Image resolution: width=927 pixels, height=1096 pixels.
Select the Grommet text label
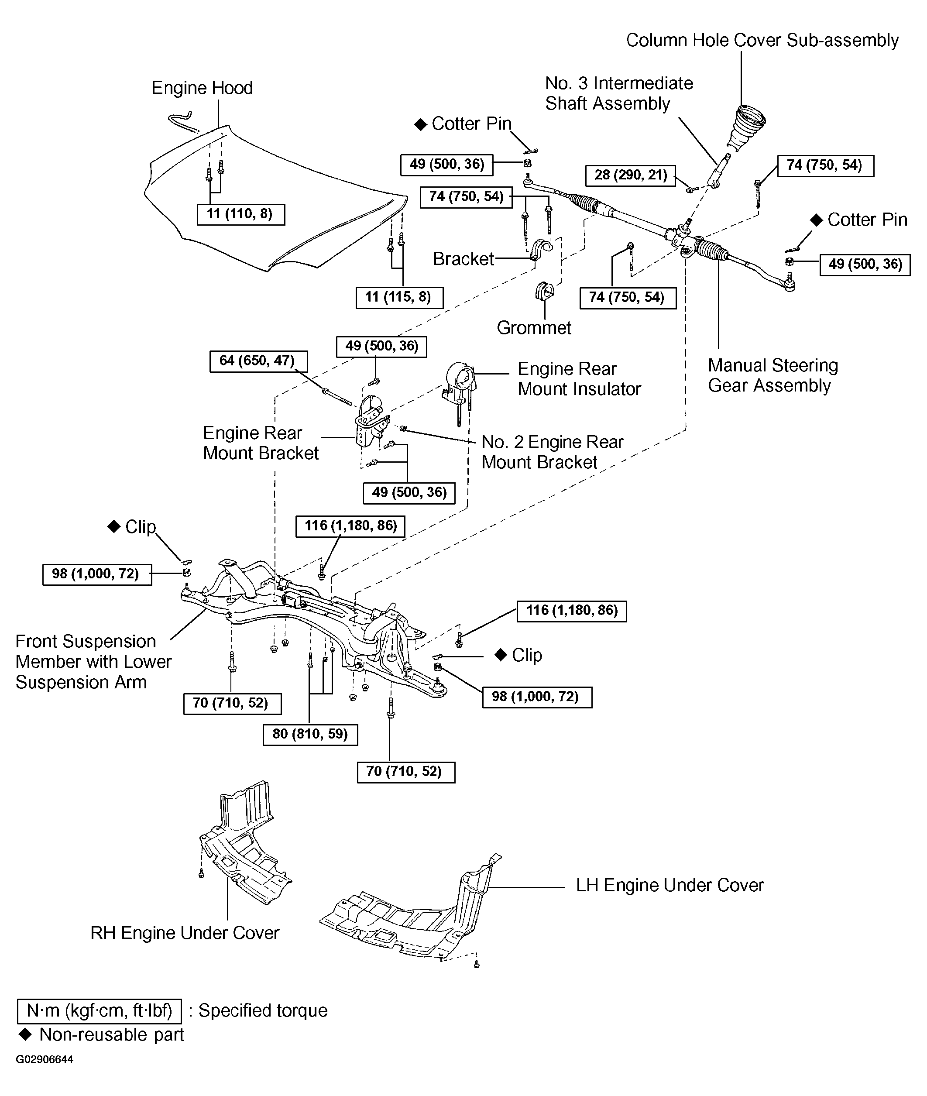[534, 327]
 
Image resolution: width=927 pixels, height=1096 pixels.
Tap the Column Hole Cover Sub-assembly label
[762, 41]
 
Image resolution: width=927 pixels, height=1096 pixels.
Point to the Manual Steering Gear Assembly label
[772, 375]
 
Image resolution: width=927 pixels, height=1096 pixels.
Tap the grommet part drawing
[545, 292]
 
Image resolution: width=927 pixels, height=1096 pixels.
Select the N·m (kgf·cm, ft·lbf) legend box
[100, 1010]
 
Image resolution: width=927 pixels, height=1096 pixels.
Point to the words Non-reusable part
[111, 1034]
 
